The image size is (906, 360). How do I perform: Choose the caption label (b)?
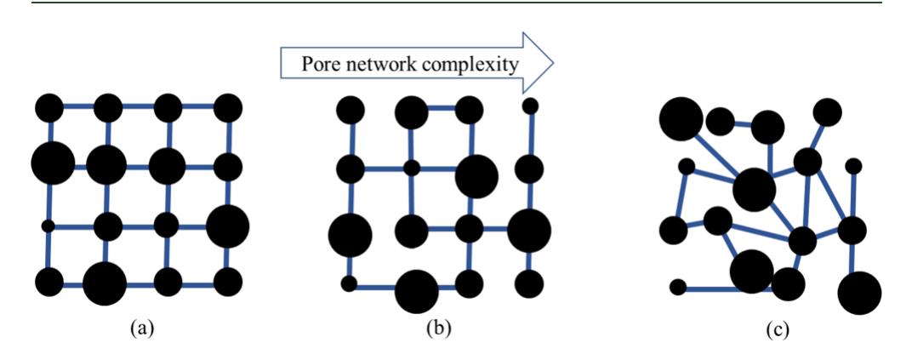tap(437, 328)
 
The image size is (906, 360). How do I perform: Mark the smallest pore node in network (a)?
tap(48, 226)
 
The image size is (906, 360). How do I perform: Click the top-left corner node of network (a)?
tap(49, 108)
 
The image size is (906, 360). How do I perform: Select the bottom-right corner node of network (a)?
tap(228, 280)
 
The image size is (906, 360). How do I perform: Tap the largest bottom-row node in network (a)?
tap(105, 283)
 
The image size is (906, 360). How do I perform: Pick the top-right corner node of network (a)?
tap(228, 108)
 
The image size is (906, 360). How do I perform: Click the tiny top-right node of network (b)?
tap(530, 106)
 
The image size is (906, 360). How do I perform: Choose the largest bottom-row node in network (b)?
tap(417, 290)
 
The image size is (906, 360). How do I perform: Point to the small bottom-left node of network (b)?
tap(349, 283)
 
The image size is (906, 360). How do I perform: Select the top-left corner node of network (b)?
tap(350, 110)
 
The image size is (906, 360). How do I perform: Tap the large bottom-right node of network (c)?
tap(859, 293)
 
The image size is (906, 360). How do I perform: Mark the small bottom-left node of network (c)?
tap(678, 287)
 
